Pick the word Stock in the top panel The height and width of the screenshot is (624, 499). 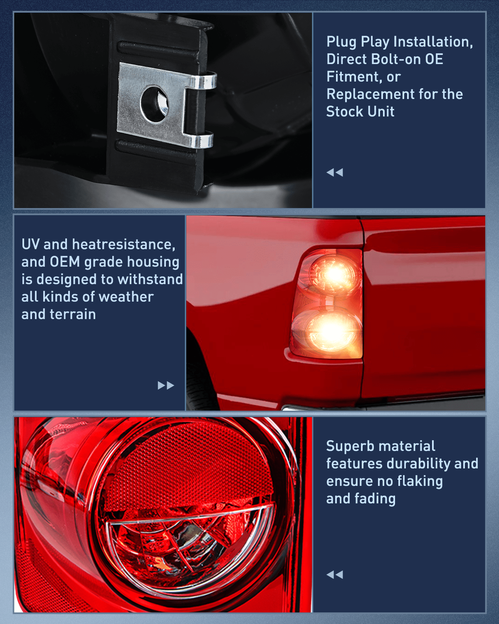(x=343, y=112)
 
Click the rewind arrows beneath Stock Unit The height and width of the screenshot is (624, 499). (x=335, y=172)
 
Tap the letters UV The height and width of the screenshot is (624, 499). (x=30, y=244)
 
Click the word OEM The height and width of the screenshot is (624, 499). (x=65, y=262)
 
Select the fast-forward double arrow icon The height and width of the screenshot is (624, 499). (x=166, y=385)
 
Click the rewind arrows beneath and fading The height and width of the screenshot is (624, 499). (x=335, y=574)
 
